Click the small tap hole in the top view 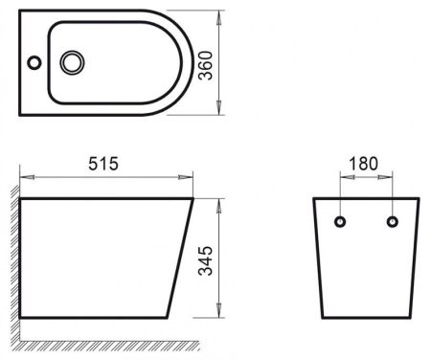pos(34,64)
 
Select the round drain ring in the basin pos(73,63)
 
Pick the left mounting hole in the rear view pos(340,221)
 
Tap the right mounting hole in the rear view pos(391,221)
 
